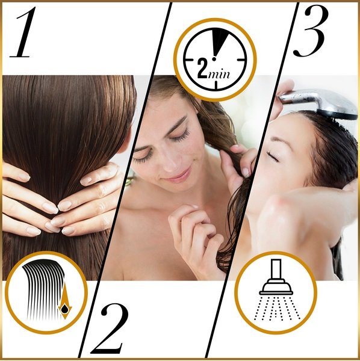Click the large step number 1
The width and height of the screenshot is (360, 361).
23,32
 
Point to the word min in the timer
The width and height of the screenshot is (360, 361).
219,74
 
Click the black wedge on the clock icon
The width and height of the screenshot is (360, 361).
218,41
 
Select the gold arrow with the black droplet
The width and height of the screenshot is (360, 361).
65,301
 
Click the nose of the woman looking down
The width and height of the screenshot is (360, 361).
169,165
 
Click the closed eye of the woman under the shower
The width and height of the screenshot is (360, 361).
273,156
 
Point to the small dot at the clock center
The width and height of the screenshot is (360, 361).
214,59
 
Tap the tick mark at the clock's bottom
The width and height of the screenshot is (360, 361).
216,85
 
